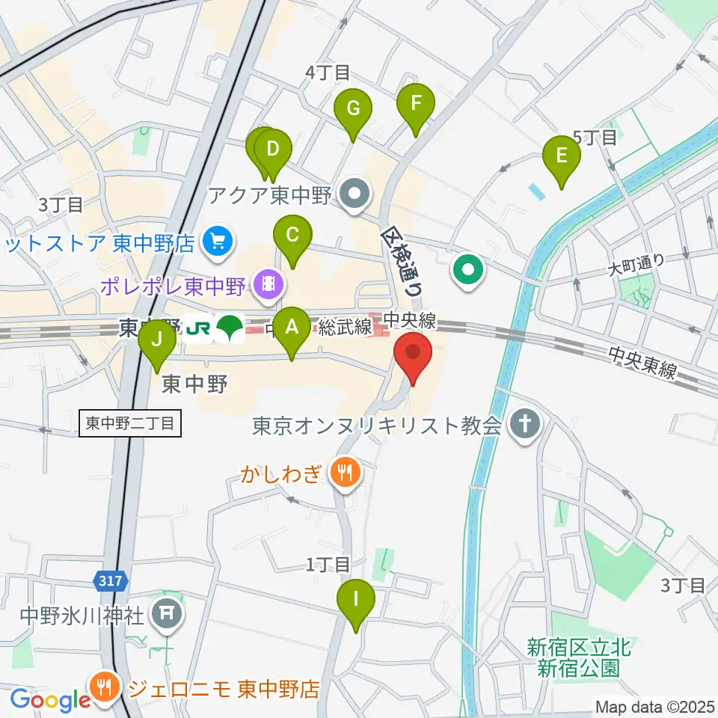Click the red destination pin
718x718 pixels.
click(413, 354)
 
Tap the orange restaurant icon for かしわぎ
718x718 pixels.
click(344, 472)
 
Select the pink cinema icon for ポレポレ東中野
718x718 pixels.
click(267, 283)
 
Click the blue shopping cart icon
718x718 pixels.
click(218, 242)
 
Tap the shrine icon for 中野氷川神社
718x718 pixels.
click(165, 616)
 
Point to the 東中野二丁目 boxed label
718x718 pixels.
click(129, 424)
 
